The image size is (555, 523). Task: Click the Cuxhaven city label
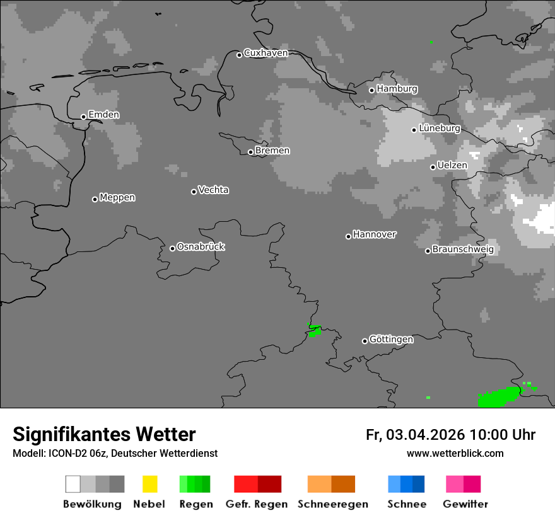tap(266, 54)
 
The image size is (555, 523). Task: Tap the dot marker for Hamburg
tap(371, 90)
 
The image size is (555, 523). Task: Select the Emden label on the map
tap(103, 115)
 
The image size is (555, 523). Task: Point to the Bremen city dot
tap(250, 152)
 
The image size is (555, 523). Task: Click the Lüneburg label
tap(440, 129)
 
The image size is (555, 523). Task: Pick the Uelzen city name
tap(452, 166)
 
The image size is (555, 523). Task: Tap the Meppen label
tap(117, 198)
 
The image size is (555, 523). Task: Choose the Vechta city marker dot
tap(194, 192)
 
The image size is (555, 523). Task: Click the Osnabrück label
tap(201, 247)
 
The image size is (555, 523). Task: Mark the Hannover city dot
tap(348, 236)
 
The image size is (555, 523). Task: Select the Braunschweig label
tap(463, 250)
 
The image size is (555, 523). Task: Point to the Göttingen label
tap(391, 340)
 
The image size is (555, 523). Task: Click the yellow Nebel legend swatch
tap(149, 484)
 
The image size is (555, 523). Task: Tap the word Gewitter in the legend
tap(465, 504)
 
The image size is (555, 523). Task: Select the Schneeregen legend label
tap(333, 504)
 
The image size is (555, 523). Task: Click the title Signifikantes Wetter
tap(104, 435)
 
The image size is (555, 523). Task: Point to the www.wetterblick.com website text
tap(455, 453)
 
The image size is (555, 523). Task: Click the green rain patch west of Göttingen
tap(314, 330)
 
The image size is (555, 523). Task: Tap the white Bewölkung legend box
tap(73, 484)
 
